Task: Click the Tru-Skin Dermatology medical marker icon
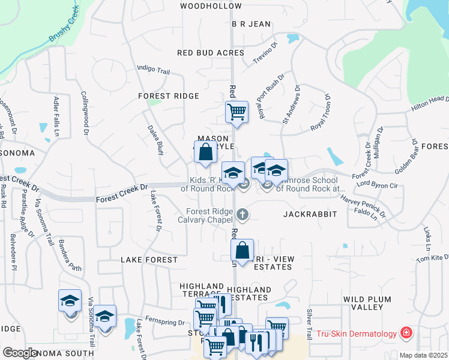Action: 406,333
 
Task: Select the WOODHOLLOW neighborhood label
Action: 211,6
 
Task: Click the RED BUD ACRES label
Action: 211,53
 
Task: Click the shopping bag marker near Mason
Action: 205,152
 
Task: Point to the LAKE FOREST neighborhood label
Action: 149,260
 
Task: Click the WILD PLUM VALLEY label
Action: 372,303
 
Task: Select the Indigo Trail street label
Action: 154,70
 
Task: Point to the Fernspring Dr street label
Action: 167,323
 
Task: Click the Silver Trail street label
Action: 310,324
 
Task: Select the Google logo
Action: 20,353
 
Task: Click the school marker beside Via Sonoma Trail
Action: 104,316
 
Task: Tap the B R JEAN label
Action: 252,24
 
